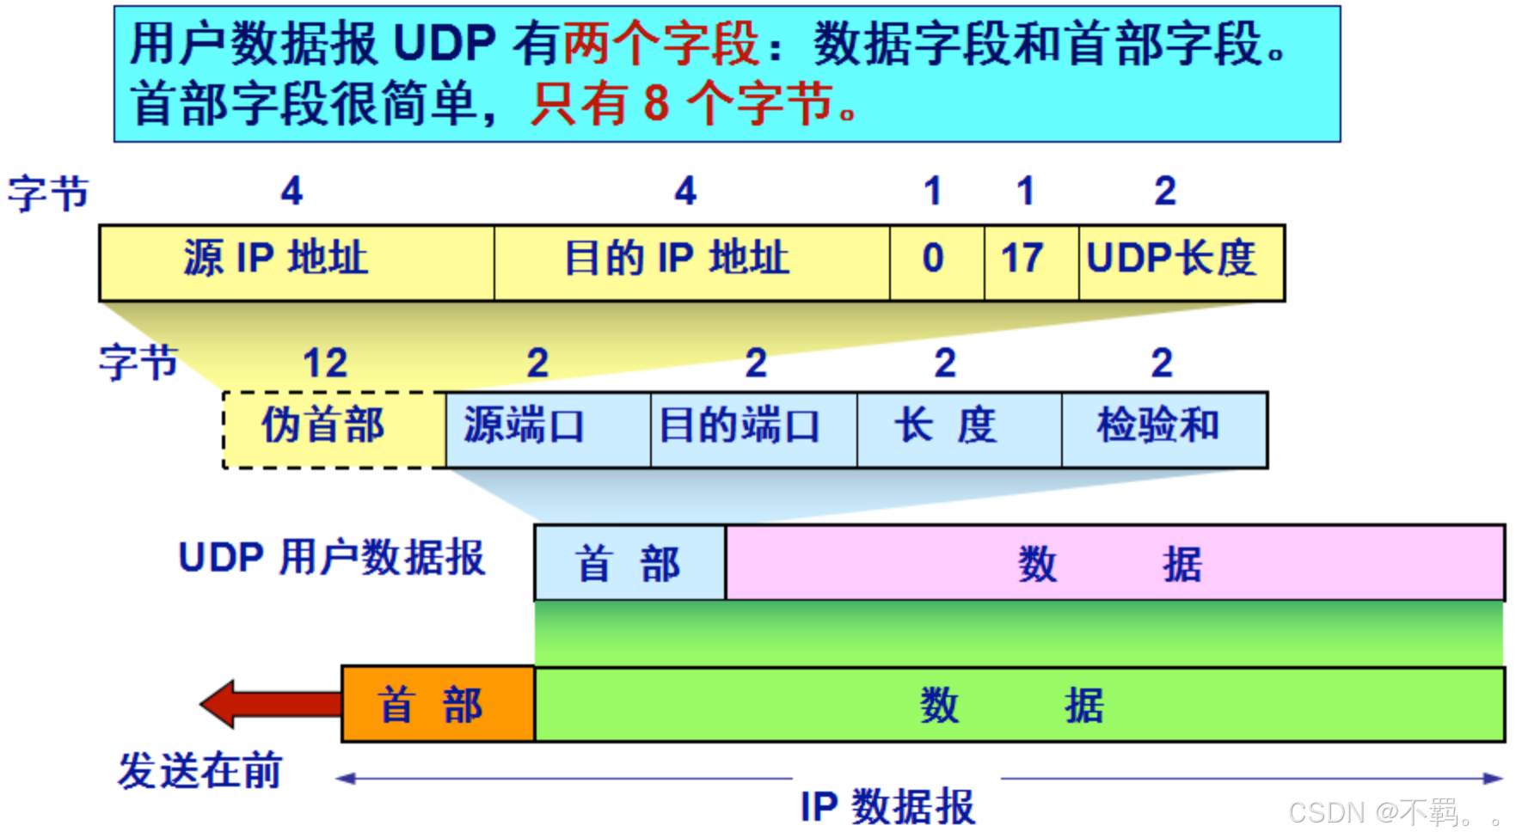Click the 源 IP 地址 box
(297, 263)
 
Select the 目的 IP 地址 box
(692, 263)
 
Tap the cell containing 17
(1031, 263)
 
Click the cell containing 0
(937, 263)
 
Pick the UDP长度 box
(1181, 263)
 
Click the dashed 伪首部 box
(334, 430)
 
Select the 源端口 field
(549, 430)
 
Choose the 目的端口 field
(754, 430)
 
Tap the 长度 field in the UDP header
(960, 430)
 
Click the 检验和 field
(1165, 430)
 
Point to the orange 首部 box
(439, 705)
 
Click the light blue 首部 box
(630, 563)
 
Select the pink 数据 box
(1115, 563)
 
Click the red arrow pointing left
(271, 704)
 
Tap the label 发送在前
(200, 770)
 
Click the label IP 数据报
(888, 807)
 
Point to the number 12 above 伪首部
(325, 363)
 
